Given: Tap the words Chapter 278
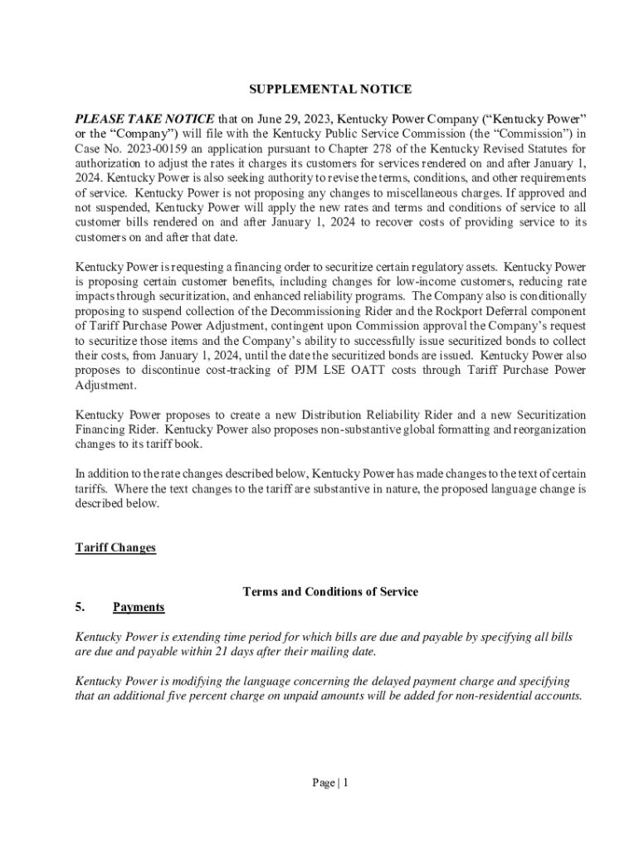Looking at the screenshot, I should pyautogui.click(x=339, y=148).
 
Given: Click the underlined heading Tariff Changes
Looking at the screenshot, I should pyautogui.click(x=115, y=548).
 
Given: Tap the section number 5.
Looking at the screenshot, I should pyautogui.click(x=80, y=608).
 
